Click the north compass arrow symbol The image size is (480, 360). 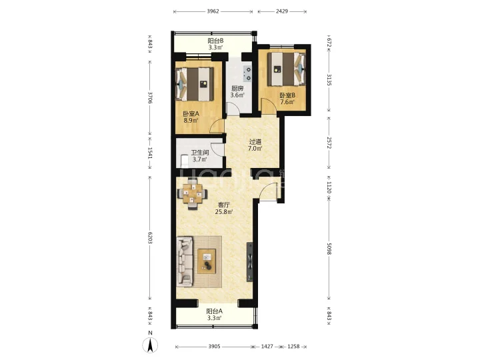150,345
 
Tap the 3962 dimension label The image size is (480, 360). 213,11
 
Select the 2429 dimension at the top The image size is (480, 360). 281,11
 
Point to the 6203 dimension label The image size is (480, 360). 150,238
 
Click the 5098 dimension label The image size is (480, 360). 329,249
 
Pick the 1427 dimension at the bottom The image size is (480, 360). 267,347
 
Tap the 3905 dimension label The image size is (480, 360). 214,347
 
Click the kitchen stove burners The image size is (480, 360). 247,74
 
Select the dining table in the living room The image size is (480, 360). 193,193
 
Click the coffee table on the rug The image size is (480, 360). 207,261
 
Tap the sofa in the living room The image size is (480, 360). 185,261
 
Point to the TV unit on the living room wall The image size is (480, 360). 250,262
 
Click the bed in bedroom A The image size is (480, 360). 194,84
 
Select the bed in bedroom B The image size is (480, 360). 287,69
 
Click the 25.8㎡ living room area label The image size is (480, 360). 224,211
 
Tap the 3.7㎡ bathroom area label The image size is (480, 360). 199,159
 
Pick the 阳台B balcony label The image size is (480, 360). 215,41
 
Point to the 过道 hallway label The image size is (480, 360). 255,142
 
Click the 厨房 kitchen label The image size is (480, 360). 237,89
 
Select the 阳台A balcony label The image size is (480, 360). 214,311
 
